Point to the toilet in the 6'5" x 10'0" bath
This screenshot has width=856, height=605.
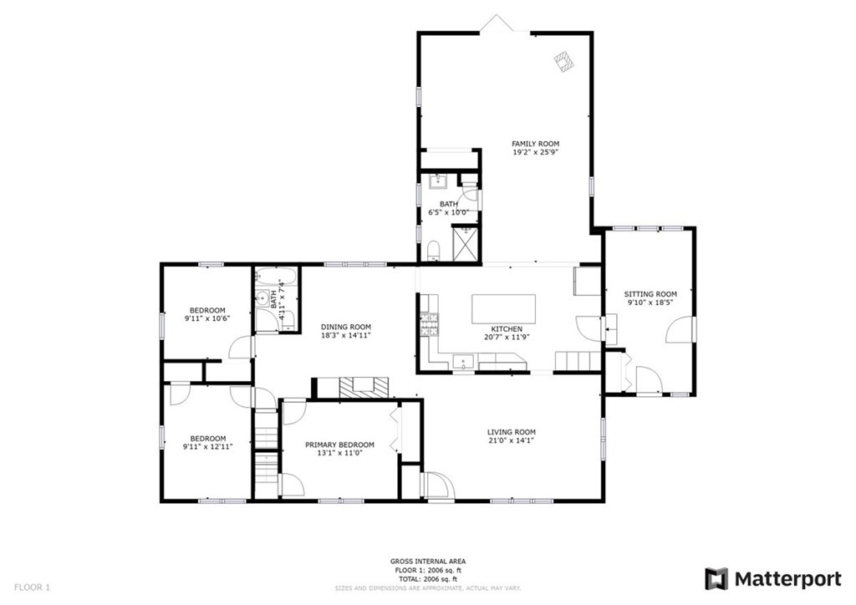click(433, 249)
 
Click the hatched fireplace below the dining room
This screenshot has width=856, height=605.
click(364, 386)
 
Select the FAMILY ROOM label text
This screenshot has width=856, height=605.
click(536, 144)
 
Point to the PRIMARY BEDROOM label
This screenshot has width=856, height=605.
click(339, 445)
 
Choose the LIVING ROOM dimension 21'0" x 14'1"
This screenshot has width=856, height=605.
click(511, 441)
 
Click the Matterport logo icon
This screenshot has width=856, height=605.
click(716, 578)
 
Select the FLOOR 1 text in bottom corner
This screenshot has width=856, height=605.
click(32, 587)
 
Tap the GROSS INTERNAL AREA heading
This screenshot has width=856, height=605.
click(428, 562)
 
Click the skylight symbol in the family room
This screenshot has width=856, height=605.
click(564, 60)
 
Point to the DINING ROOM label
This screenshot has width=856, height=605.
click(346, 327)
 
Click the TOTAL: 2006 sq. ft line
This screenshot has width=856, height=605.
click(428, 578)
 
